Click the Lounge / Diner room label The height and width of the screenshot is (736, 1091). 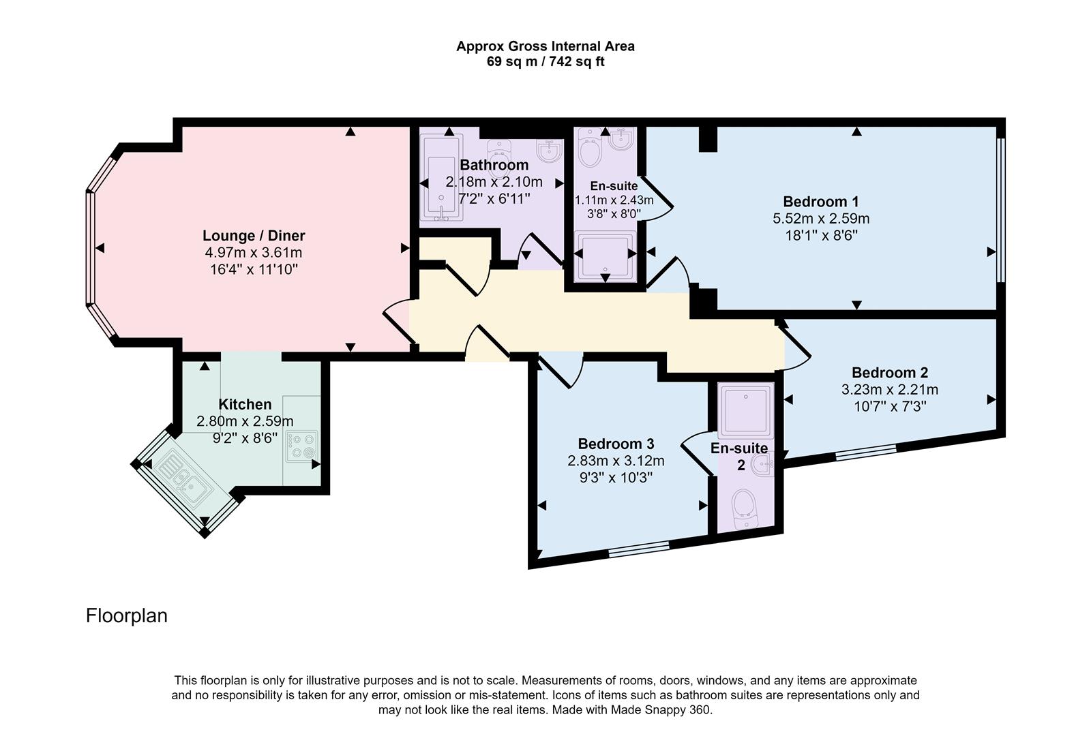pos(253,236)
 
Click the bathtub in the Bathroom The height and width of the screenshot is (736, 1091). pos(443,179)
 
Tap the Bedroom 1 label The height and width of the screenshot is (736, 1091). pos(820,202)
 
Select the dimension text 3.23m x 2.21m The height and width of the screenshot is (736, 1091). pos(889,390)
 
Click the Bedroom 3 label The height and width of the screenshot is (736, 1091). pos(616,444)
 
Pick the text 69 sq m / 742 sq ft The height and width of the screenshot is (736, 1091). pos(545,61)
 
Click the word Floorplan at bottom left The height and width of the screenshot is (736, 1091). pos(126,615)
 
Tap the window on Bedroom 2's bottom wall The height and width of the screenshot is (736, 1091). pos(865,452)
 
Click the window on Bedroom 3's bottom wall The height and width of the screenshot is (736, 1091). pos(639,549)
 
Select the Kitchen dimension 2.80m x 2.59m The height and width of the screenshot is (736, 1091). pos(245,421)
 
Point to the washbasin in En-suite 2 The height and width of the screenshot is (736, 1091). pos(762,465)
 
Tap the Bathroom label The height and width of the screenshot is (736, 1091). pos(494,165)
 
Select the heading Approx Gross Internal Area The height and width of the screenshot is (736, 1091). pos(545,46)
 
